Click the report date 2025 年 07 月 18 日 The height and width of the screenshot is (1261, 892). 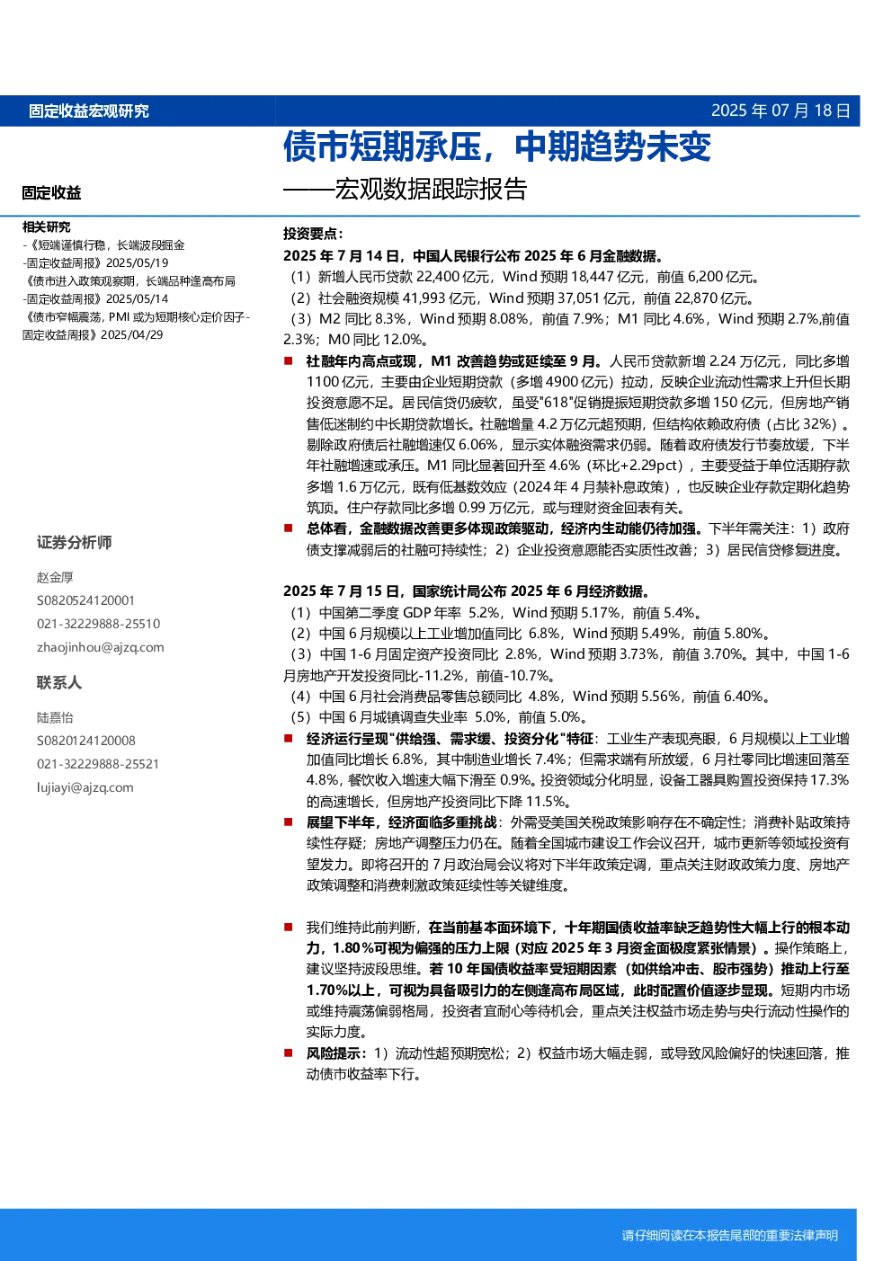click(780, 111)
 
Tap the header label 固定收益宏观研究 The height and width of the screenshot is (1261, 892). click(89, 111)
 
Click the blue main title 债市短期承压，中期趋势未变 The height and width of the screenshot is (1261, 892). click(496, 147)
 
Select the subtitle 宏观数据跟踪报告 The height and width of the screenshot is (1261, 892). click(431, 189)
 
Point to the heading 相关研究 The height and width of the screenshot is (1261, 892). click(46, 226)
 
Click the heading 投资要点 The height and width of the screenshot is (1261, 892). click(313, 234)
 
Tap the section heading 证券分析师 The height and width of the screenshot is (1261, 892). click(75, 542)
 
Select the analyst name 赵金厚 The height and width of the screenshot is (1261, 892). click(55, 577)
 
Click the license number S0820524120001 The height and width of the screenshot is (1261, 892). click(85, 600)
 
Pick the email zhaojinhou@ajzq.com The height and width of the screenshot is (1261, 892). click(100, 647)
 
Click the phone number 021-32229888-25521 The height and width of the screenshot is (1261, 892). click(98, 764)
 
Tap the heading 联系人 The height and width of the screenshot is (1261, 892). click(59, 682)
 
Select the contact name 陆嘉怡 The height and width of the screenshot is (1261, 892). click(55, 717)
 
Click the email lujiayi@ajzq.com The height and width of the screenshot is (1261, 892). click(85, 787)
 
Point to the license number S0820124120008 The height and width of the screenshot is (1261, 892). click(85, 741)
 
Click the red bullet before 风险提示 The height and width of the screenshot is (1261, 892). click(289, 1052)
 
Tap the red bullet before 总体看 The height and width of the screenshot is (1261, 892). click(289, 528)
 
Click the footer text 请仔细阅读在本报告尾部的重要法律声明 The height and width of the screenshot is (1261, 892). click(730, 1235)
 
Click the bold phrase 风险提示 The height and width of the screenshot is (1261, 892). click(334, 1053)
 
